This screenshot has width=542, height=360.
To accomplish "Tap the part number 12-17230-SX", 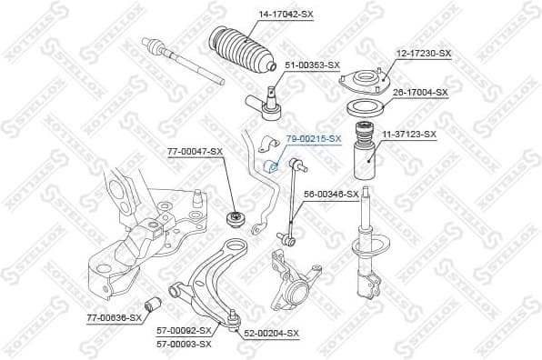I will pos(423,54).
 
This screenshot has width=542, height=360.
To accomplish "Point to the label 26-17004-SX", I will pos(420,92).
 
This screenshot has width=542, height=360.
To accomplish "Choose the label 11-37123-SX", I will pos(409,134).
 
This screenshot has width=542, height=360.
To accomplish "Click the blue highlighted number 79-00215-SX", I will pos(314,138).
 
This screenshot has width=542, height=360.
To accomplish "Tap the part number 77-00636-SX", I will pos(115,317).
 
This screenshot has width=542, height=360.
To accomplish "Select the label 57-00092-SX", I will pos(185,332).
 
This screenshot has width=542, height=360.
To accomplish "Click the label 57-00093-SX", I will pos(185,344).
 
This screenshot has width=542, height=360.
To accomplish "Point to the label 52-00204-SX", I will pos(271,334).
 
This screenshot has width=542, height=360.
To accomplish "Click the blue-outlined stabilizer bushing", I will pos(270,165).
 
